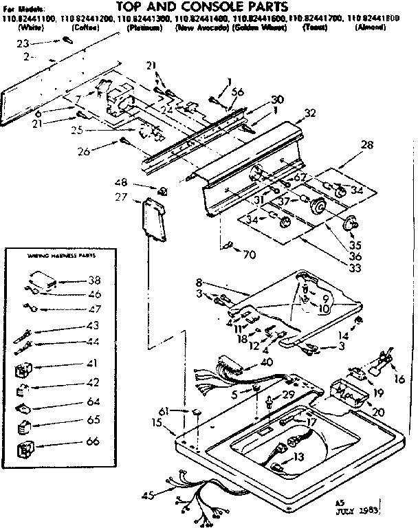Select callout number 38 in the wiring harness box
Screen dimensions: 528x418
tap(94, 280)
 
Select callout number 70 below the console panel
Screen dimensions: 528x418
tap(248, 254)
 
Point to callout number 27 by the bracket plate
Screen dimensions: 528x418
tap(122, 197)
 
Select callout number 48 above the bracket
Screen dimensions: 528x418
tap(121, 184)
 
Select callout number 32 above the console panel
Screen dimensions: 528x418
tap(309, 113)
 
